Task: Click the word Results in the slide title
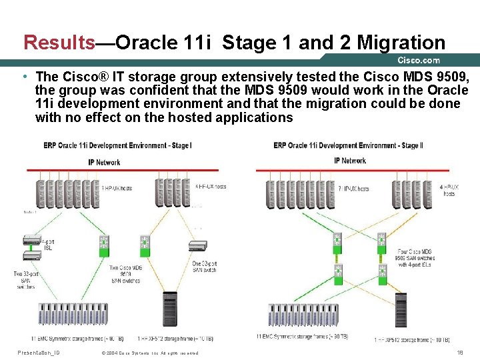59,43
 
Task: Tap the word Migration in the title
401,43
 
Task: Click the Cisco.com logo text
419,61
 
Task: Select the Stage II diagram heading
348,145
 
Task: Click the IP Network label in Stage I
104,162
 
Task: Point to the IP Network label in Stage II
350,161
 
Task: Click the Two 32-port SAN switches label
24,279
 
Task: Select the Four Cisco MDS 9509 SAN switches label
415,257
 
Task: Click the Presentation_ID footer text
39,352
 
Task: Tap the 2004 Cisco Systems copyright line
149,353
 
